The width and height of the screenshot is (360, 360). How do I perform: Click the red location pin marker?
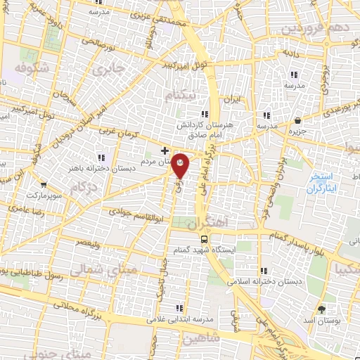point(181,165)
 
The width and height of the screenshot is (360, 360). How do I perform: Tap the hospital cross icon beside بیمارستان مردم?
point(165,150)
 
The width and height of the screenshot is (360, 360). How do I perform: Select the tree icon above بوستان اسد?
point(322,309)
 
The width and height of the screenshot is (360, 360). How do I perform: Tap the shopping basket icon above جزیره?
point(299,120)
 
